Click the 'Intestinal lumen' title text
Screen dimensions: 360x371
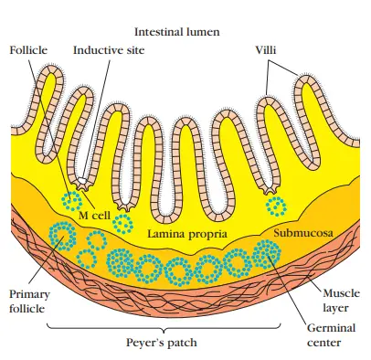(177, 30)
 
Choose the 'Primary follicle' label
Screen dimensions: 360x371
(31, 302)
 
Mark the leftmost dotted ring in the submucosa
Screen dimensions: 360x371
(63, 237)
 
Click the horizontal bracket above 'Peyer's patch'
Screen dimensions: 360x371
(174, 328)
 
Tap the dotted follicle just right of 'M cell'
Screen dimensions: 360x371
(123, 223)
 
